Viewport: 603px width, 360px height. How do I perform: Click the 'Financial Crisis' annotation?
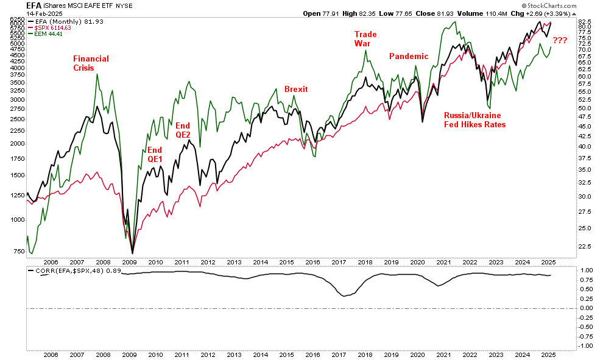pos(91,63)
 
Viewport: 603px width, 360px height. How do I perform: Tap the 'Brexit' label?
pos(296,89)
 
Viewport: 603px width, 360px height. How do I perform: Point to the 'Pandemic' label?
pos(409,56)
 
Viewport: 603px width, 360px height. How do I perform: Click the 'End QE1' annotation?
pos(155,155)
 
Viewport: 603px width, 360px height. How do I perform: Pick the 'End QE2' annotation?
pos(183,130)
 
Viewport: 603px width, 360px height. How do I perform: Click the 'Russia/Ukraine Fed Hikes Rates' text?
pos(474,119)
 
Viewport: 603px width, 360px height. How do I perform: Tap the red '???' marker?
pos(560,41)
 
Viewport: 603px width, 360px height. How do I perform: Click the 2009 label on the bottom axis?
pos(129,354)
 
